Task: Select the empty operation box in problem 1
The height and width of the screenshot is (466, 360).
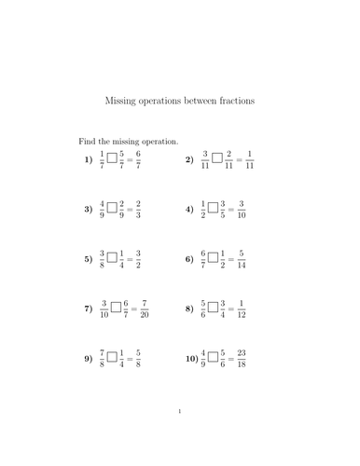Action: click(x=112, y=159)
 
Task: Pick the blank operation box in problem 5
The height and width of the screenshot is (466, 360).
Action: click(x=112, y=258)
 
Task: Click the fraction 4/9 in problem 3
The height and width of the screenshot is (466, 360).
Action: click(x=102, y=210)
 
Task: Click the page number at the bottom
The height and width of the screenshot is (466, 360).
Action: click(x=179, y=436)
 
